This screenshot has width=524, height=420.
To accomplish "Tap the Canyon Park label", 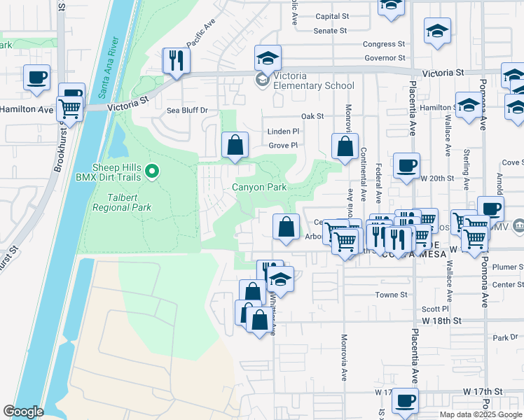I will pyautogui.click(x=259, y=187).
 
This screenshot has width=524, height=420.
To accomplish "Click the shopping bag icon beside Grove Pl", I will pyautogui.click(x=235, y=145).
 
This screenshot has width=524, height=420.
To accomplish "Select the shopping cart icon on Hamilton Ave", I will pyautogui.click(x=70, y=108).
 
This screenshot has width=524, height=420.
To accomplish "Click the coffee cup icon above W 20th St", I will pyautogui.click(x=406, y=165).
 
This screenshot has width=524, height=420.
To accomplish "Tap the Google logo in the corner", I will pyautogui.click(x=24, y=411).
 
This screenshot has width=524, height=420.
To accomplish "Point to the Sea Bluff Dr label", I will pyautogui.click(x=187, y=111).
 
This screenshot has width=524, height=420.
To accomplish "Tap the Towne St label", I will pyautogui.click(x=393, y=295).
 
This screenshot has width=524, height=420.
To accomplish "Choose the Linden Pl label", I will pyautogui.click(x=283, y=131).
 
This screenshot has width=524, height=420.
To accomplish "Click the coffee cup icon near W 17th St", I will pyautogui.click(x=405, y=400).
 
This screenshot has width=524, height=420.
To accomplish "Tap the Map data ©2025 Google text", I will pyautogui.click(x=479, y=414).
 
